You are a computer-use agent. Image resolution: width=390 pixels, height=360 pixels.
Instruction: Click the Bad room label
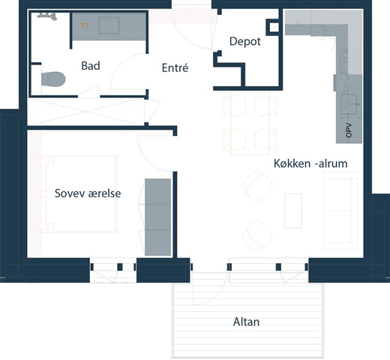click(x=91, y=66)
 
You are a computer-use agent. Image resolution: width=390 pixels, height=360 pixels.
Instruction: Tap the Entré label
click(x=175, y=67)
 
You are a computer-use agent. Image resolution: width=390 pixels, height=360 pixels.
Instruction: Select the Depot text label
click(x=245, y=41)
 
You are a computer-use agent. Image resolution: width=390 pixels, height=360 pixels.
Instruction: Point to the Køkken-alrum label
click(x=310, y=163)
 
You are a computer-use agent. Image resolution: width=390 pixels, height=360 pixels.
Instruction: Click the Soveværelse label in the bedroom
click(x=88, y=193)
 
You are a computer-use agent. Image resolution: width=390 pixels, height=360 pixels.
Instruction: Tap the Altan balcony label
click(x=246, y=322)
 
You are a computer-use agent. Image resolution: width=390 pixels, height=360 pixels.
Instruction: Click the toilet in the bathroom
click(x=53, y=79)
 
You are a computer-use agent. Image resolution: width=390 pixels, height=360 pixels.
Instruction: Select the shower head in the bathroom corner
click(x=47, y=16)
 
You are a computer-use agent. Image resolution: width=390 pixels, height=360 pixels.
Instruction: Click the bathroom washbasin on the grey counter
click(x=109, y=25)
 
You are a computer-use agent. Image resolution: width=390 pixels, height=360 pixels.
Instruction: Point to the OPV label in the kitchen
click(x=349, y=130)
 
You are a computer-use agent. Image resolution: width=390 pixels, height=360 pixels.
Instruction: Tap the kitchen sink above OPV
click(x=349, y=104)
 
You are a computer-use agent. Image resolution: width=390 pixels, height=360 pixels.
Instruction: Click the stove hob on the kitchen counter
click(x=350, y=61)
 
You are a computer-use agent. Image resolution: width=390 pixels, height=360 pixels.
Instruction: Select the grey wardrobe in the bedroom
click(x=157, y=217)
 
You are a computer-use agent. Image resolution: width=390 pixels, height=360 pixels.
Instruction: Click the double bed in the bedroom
click(x=81, y=194)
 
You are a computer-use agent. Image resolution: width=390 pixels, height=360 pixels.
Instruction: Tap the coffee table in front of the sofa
click(x=293, y=211)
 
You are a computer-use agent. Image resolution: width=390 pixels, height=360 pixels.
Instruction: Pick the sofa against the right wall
click(x=340, y=211)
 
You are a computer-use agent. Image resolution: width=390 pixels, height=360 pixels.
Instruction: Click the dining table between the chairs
click(x=250, y=123)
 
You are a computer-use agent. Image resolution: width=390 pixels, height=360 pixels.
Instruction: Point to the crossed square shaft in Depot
click(x=274, y=28)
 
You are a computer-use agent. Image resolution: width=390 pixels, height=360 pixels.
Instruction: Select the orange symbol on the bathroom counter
click(x=85, y=25)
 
